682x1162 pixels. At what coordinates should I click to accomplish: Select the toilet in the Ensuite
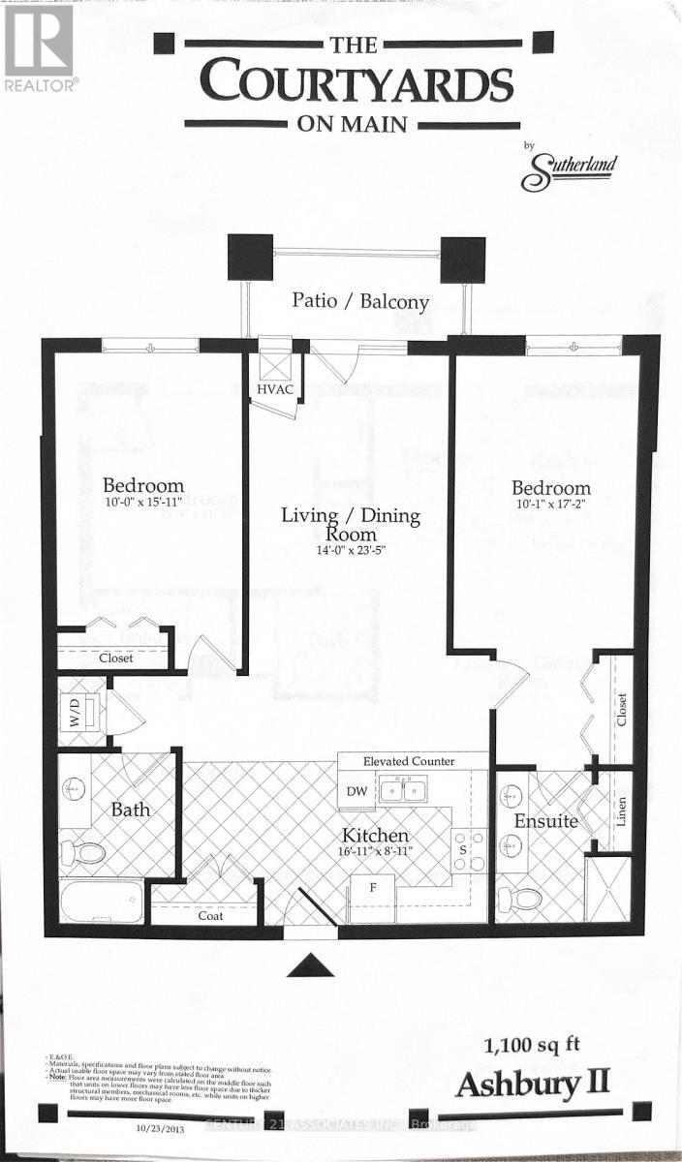(524, 899)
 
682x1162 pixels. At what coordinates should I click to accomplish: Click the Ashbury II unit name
(533, 1084)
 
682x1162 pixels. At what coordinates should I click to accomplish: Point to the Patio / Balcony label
(360, 301)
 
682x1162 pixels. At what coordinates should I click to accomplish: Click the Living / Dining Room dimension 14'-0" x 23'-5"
(351, 551)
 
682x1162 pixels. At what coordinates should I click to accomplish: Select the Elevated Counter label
(409, 761)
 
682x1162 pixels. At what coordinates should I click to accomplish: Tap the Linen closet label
(622, 811)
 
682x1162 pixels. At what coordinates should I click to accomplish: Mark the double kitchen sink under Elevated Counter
(405, 791)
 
